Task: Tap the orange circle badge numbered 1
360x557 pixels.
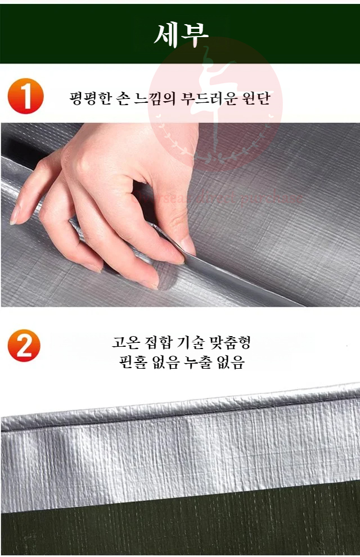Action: [25, 97]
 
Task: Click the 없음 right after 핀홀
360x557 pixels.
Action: [163, 363]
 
